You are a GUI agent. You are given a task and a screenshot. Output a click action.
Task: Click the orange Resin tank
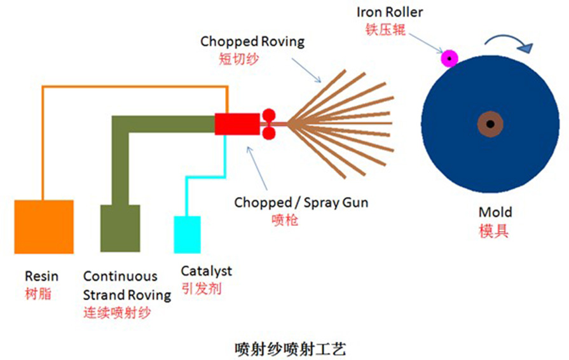point(43,226)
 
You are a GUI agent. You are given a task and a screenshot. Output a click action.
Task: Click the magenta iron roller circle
point(450,59)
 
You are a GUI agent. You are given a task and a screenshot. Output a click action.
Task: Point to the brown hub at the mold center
point(491,124)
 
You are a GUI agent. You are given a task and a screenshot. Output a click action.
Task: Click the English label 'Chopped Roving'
point(252,42)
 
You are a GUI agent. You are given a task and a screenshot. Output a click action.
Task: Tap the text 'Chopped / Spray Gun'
point(301,203)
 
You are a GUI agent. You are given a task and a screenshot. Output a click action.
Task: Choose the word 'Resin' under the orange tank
point(41,276)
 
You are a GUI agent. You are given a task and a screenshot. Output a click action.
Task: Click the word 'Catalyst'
point(207,271)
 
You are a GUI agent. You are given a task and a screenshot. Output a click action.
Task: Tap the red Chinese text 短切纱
point(235,59)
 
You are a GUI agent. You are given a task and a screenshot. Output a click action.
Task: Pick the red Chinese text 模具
point(494,230)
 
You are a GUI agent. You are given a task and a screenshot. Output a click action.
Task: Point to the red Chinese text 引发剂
point(201,288)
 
